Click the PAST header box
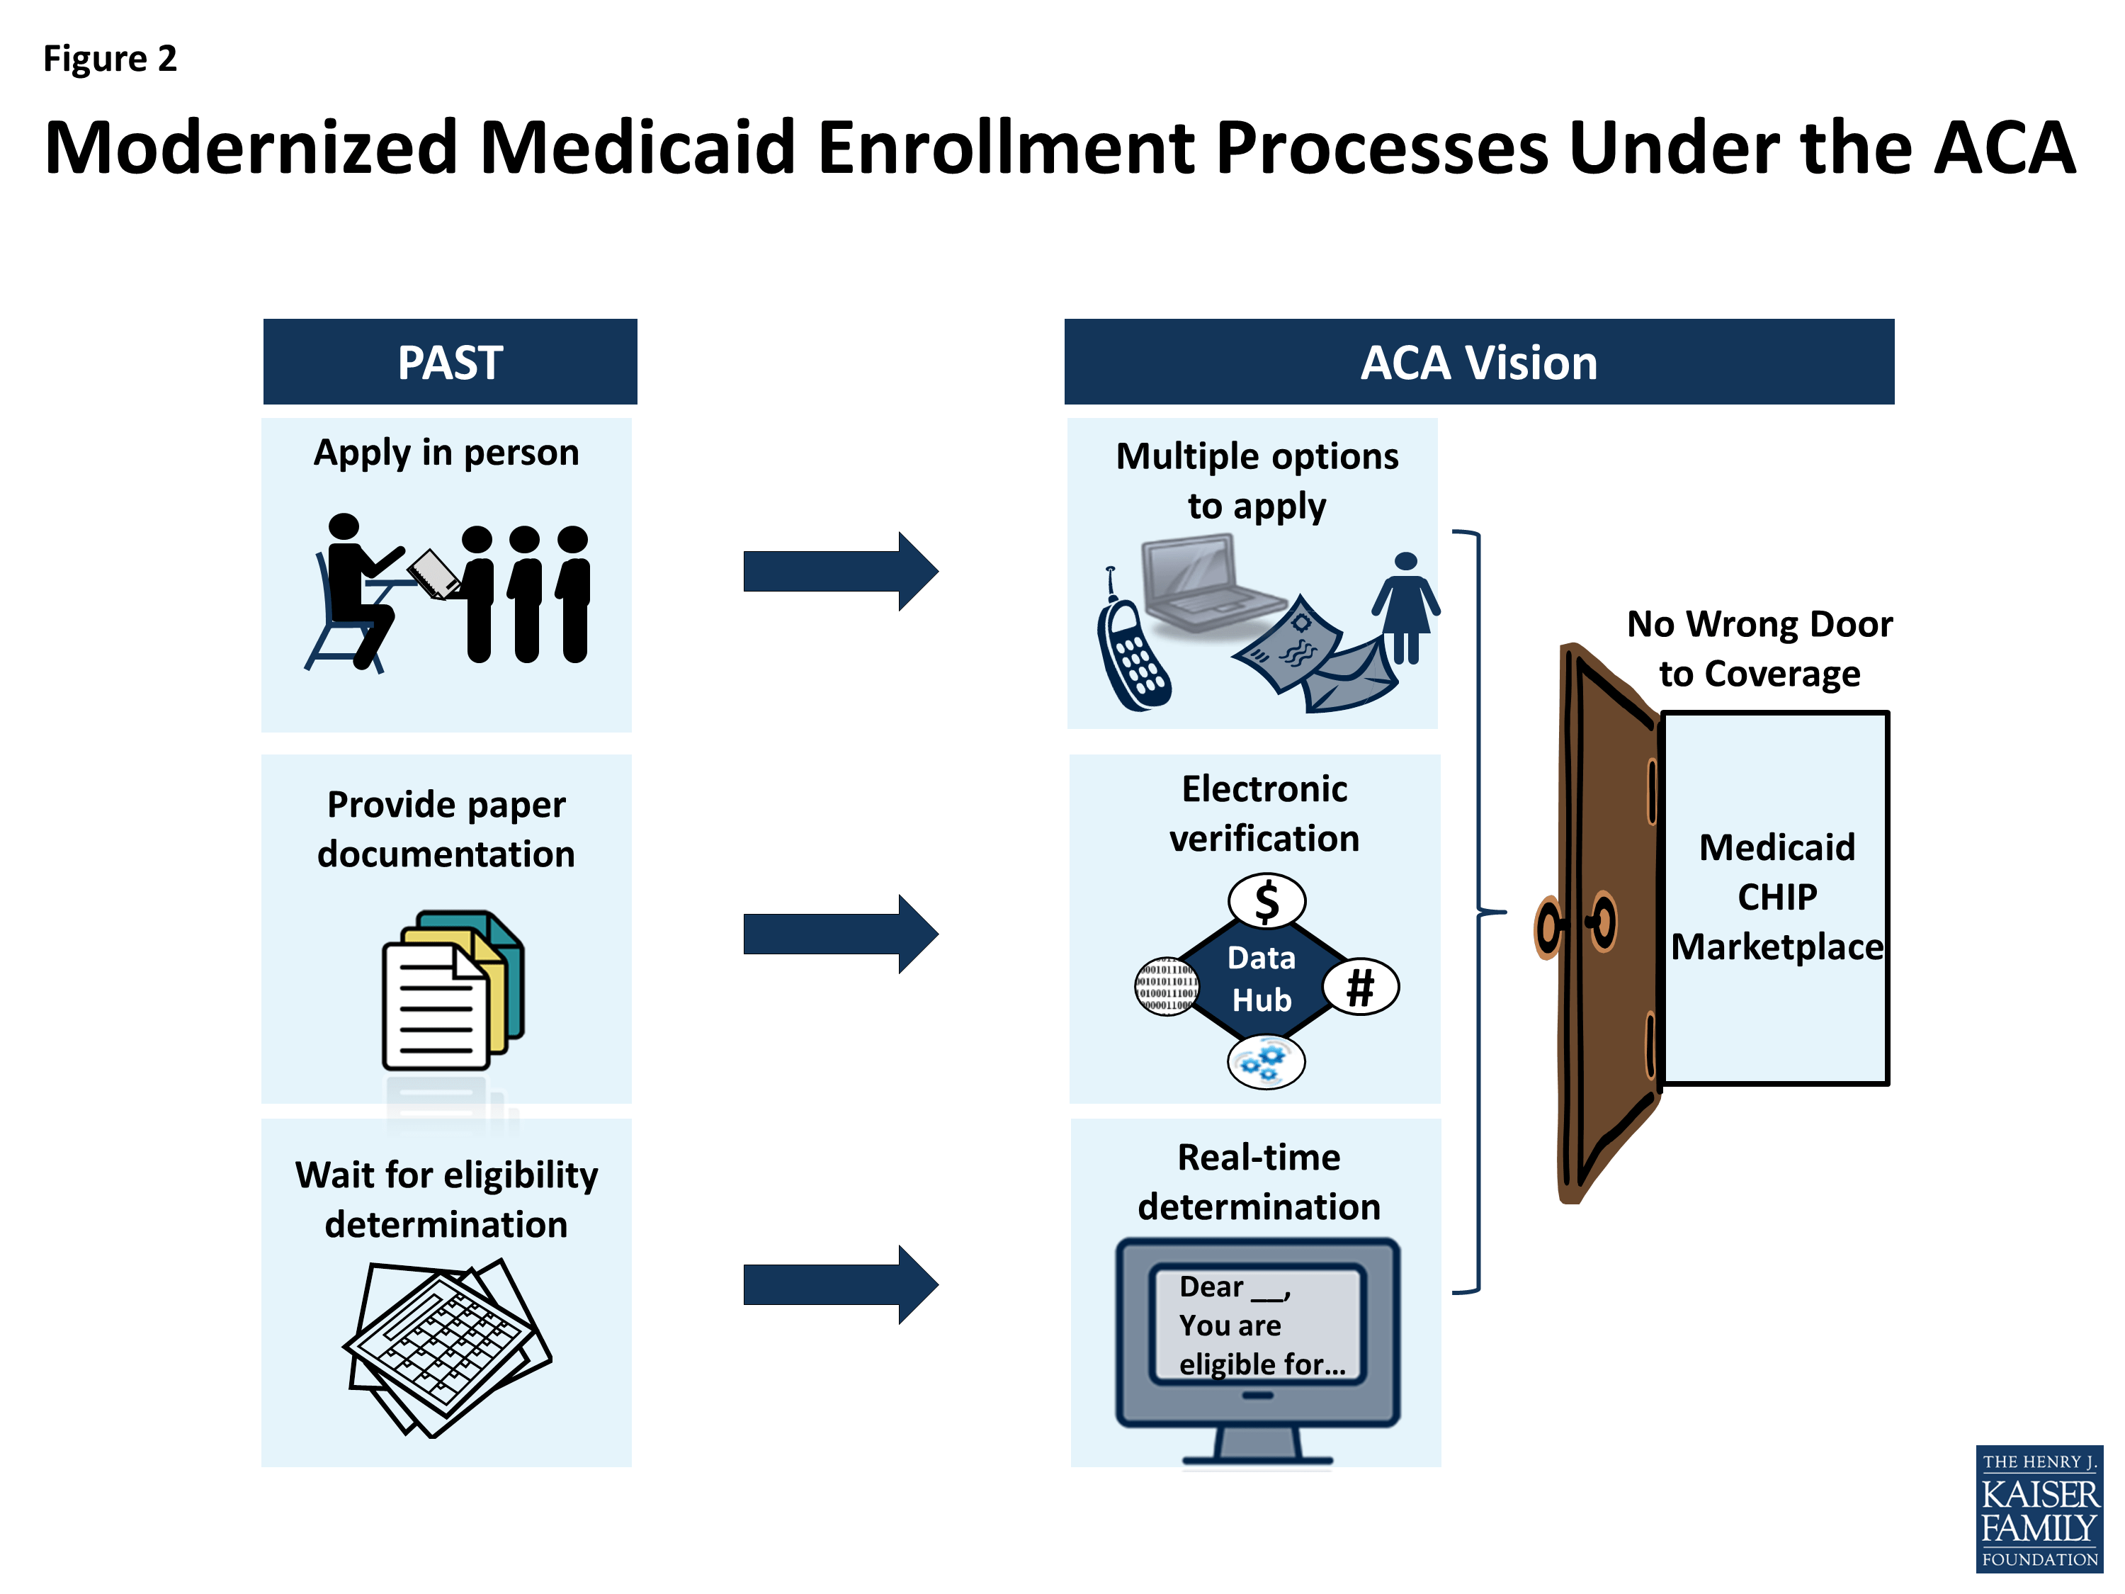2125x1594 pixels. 450,362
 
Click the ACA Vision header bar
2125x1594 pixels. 1478,362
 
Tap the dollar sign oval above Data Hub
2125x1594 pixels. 1266,901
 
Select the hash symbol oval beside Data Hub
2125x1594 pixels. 1360,987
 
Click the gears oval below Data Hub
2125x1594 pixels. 1265,1062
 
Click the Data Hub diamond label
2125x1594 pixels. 1262,979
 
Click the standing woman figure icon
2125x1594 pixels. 1405,605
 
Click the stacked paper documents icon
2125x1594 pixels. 451,990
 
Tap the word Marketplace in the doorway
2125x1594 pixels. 1776,947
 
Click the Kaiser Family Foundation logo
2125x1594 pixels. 2039,1508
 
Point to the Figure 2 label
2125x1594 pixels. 110,60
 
